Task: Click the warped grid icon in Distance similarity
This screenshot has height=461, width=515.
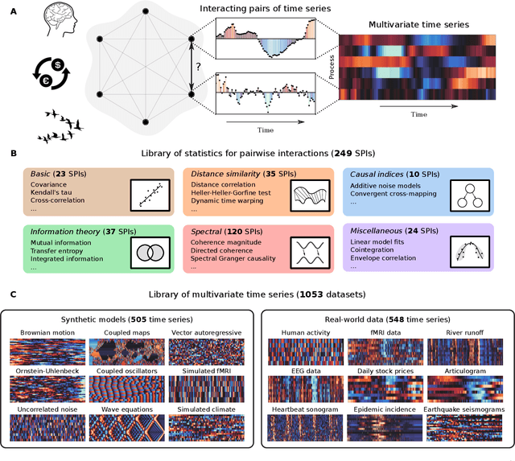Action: (x=308, y=196)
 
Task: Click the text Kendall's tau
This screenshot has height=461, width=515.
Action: (x=56, y=195)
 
